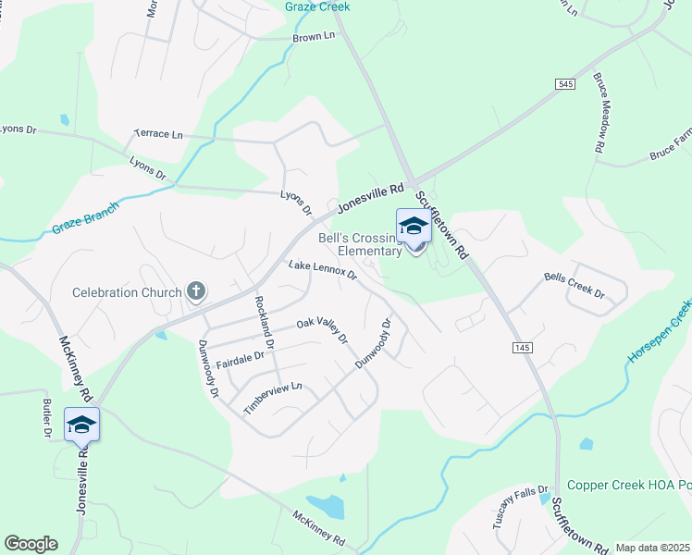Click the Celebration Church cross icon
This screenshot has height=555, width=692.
(x=195, y=292)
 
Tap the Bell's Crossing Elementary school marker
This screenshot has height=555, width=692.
(x=414, y=228)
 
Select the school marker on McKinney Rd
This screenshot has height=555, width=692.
(x=81, y=425)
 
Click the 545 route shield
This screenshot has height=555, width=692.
(x=565, y=84)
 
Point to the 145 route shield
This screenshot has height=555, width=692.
(x=521, y=346)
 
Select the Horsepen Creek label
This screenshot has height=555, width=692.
(x=660, y=329)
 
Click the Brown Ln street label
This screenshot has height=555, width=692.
(x=313, y=38)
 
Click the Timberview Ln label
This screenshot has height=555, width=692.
(x=273, y=398)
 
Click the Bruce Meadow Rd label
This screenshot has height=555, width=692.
(x=599, y=113)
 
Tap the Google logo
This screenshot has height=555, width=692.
(x=31, y=544)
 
